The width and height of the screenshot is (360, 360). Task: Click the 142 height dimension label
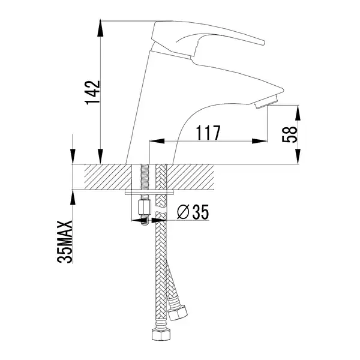(x=92, y=92)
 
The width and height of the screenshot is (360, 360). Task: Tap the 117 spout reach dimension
(x=208, y=133)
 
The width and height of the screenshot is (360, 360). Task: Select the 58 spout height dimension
(x=290, y=134)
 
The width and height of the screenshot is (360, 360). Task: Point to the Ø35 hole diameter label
(x=193, y=212)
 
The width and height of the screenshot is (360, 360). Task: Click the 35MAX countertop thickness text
(x=65, y=242)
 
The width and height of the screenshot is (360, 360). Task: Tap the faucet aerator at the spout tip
(x=266, y=101)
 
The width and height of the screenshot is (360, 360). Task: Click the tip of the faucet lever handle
(x=263, y=43)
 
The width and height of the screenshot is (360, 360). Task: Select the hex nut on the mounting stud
(x=145, y=207)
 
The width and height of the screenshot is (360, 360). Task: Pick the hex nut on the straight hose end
(x=161, y=335)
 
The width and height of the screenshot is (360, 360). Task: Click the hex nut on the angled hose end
(x=178, y=313)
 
